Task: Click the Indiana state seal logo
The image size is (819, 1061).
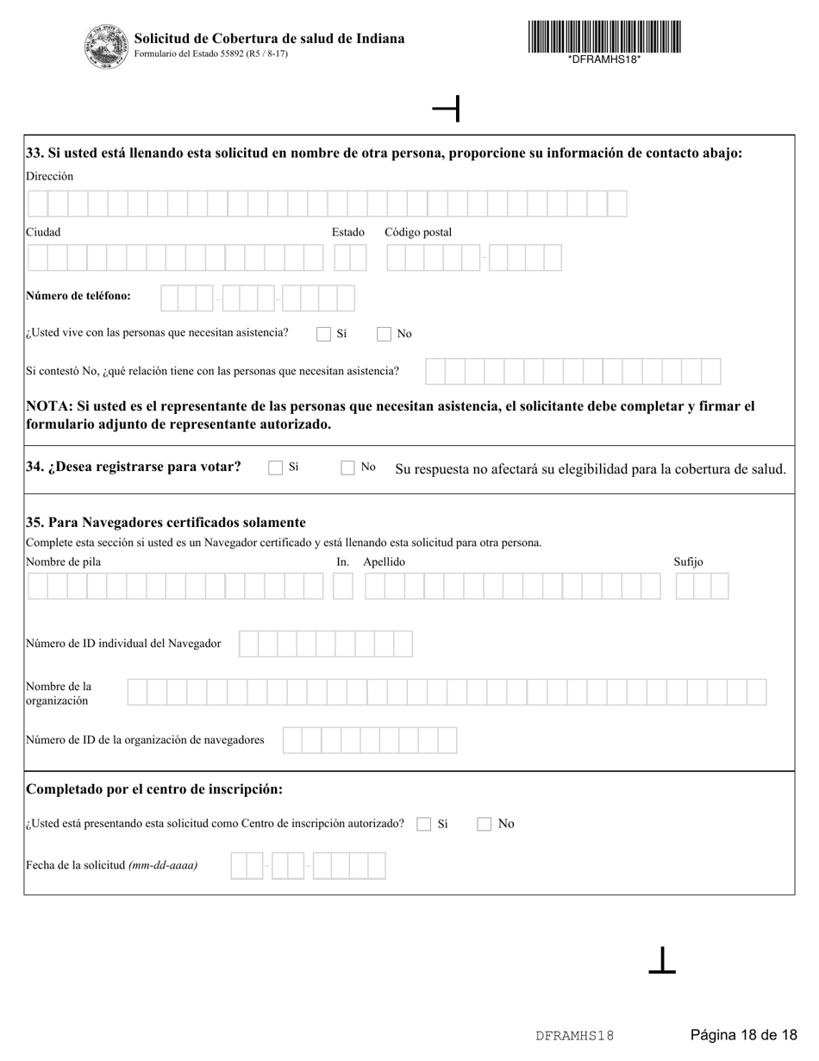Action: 107,47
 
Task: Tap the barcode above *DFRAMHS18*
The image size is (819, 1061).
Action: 604,37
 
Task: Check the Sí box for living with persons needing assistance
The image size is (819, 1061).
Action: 324,334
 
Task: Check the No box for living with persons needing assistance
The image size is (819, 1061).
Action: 384,334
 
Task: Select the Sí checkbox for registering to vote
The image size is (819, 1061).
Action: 276,468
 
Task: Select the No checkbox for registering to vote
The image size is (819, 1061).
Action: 348,468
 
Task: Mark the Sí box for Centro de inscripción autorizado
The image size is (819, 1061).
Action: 424,824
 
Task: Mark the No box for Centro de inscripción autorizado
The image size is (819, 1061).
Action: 485,824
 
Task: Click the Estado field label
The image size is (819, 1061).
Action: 348,232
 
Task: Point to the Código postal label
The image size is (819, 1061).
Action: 418,232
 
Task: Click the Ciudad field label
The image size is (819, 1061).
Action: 43,232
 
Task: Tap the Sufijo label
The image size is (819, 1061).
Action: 688,562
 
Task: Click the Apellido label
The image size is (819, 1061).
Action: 384,562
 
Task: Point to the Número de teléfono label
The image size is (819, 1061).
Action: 78,296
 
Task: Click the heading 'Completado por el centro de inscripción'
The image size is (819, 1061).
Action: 154,789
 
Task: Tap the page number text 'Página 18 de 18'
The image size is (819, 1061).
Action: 744,1035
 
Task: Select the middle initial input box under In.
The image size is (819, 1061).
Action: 343,587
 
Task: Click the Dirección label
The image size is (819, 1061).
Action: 50,176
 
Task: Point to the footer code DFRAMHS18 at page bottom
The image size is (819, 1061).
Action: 574,1036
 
